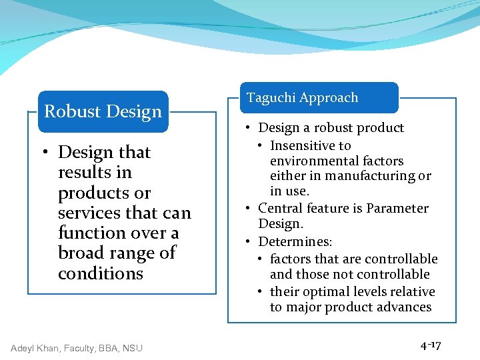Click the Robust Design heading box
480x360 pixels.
click(x=103, y=111)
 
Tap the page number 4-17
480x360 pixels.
click(x=431, y=345)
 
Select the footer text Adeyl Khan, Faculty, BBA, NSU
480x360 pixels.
click(x=77, y=347)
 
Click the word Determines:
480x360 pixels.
click(x=295, y=241)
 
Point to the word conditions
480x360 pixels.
click(x=101, y=273)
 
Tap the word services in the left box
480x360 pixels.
click(x=85, y=213)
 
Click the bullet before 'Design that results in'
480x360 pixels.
click(x=47, y=153)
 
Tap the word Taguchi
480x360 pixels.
click(x=273, y=97)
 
